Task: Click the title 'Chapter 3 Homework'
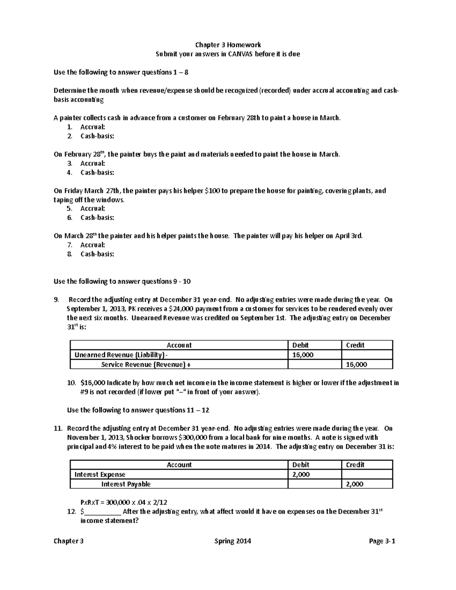click(x=228, y=45)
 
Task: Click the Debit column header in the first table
click(x=300, y=345)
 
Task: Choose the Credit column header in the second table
click(x=355, y=465)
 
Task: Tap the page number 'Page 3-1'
click(x=382, y=541)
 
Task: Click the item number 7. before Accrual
click(x=69, y=245)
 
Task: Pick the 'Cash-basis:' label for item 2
click(x=97, y=136)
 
